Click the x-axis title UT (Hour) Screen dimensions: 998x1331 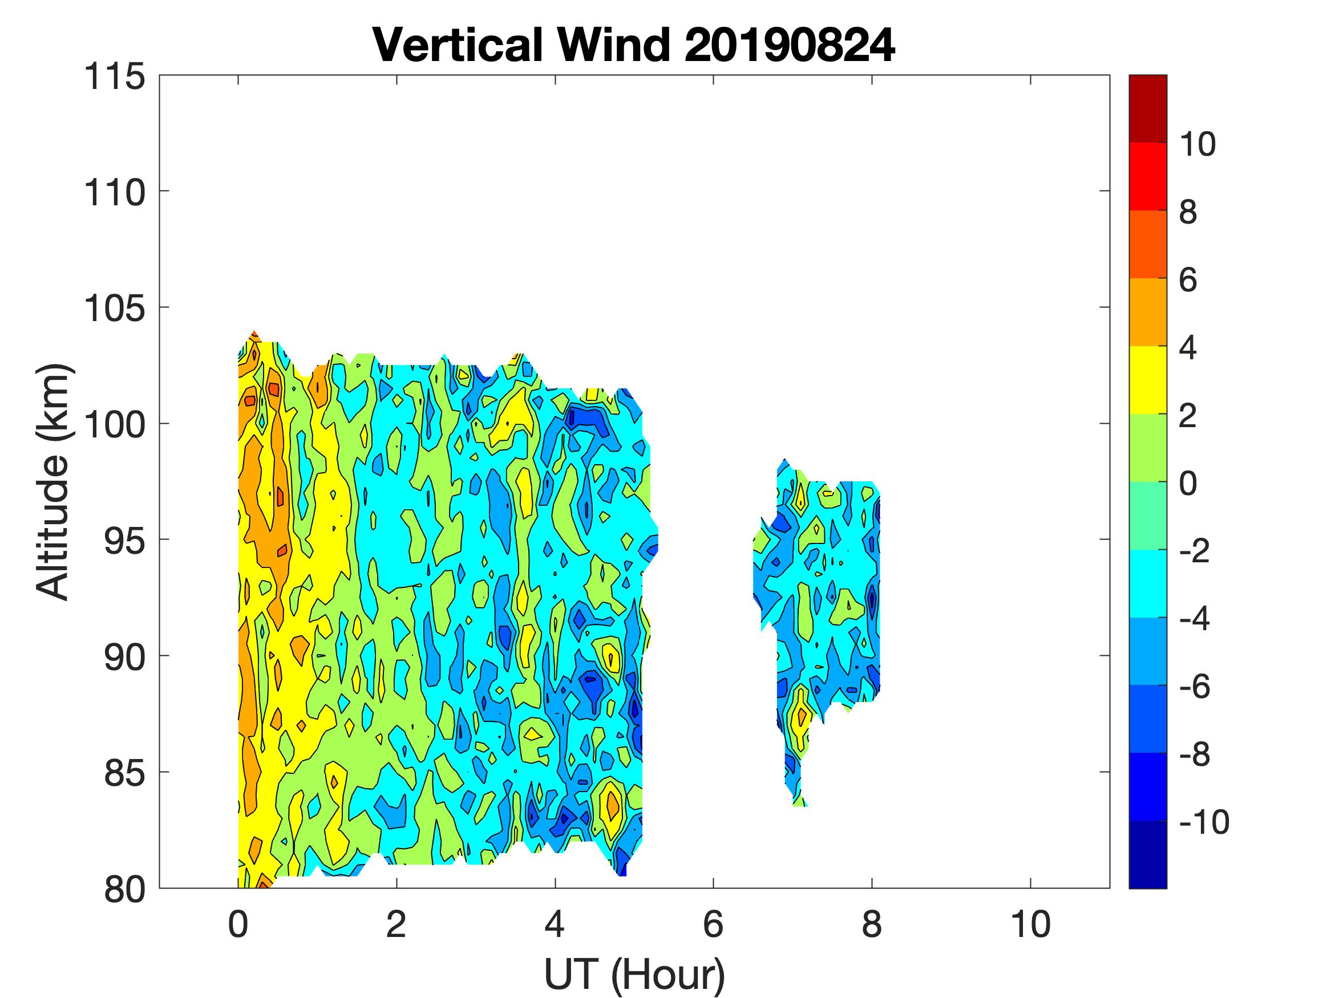(634, 973)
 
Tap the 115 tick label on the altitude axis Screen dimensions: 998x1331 (114, 77)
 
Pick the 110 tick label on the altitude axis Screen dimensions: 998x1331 (114, 193)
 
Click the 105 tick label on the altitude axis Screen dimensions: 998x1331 (114, 309)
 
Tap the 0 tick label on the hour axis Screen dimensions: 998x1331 (238, 924)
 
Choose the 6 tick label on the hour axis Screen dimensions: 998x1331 (713, 924)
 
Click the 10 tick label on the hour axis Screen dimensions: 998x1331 (1030, 924)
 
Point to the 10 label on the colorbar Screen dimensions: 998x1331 (1198, 144)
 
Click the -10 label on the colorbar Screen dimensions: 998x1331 (1203, 822)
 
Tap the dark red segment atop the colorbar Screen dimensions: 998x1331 (1147, 108)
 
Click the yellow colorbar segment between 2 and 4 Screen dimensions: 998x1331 (1147, 380)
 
